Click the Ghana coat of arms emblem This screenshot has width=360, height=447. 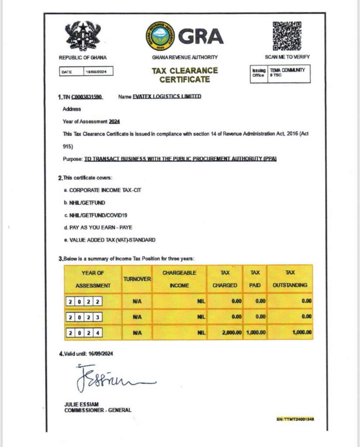[x=83, y=36]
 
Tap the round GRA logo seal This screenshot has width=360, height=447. [x=160, y=36]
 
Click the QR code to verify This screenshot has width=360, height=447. [x=287, y=36]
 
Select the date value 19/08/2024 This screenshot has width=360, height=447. [x=99, y=71]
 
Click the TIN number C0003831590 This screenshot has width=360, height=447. [x=87, y=96]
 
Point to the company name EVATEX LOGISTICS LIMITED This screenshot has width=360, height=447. [x=167, y=96]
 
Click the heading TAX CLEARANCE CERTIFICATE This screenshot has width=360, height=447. [x=184, y=75]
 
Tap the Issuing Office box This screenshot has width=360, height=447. [x=280, y=73]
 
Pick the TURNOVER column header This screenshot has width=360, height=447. [x=137, y=279]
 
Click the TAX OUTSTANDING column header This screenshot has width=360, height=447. [x=290, y=279]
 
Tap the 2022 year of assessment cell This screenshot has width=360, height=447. [x=85, y=301]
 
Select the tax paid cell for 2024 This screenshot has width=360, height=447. [x=255, y=332]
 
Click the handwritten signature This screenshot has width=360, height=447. [x=111, y=378]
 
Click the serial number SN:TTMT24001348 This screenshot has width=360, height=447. [x=295, y=419]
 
